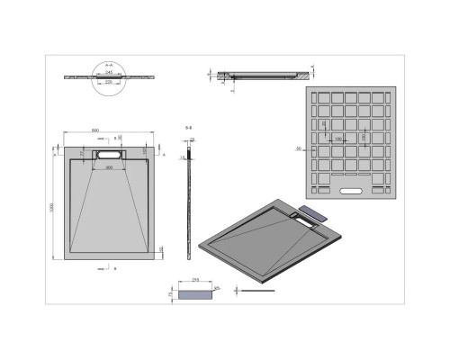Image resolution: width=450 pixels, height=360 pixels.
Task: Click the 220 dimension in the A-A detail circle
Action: (x=108, y=81)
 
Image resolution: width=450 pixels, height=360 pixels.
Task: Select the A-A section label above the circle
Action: (x=108, y=64)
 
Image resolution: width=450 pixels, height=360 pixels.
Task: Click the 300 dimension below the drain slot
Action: (x=110, y=167)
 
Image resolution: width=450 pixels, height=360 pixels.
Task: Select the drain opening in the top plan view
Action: (x=110, y=156)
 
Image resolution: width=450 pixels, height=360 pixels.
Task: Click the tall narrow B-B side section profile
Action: (x=190, y=207)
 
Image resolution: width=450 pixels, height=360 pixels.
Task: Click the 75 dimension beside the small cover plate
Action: (x=171, y=292)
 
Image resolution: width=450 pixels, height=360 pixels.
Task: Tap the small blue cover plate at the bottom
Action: (x=195, y=292)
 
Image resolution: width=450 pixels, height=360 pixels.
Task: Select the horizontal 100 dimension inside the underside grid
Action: (x=337, y=139)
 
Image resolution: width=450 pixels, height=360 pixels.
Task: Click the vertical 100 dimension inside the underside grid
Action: (x=364, y=136)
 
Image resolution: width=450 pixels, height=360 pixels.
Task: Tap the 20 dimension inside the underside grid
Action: (x=324, y=125)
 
